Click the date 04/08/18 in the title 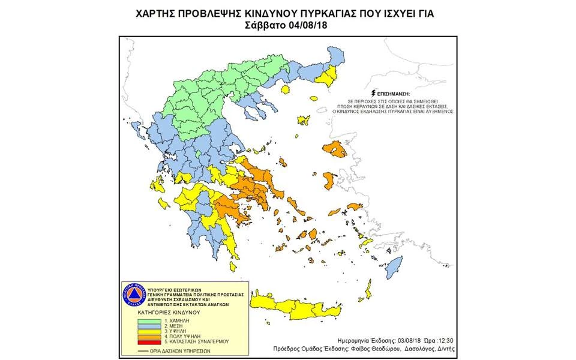[x=306, y=25]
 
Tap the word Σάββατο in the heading [x=266, y=25]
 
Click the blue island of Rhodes [x=393, y=268]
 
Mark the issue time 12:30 [x=445, y=338]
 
